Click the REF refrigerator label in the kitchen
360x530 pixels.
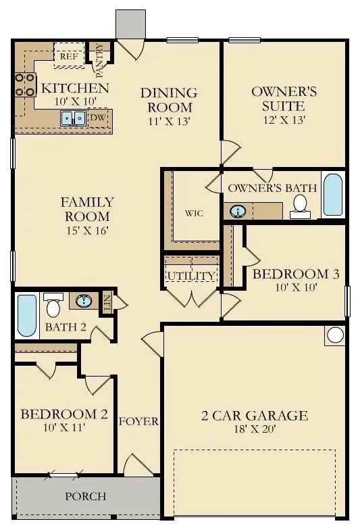tap(69, 57)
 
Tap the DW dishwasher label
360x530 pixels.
tap(98, 118)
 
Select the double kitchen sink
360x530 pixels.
tap(73, 118)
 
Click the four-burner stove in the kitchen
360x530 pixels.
tap(26, 85)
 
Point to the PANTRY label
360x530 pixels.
tap(100, 60)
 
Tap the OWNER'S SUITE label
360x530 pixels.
tap(284, 99)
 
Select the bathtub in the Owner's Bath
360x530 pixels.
tap(333, 195)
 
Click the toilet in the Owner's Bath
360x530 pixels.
tap(300, 207)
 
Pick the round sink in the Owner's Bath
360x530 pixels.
tap(238, 212)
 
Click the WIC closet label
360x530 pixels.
tap(195, 214)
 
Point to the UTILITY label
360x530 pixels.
tap(191, 276)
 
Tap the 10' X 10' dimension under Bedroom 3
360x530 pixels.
tap(296, 288)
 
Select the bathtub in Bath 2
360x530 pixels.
tap(27, 316)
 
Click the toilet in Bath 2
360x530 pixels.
tap(53, 305)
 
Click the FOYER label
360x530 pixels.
tap(138, 422)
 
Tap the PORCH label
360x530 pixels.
tap(86, 496)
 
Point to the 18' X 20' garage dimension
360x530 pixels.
tap(255, 429)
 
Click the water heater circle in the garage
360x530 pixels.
tap(335, 335)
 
